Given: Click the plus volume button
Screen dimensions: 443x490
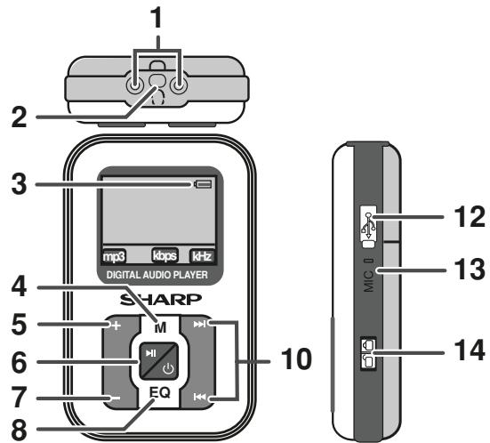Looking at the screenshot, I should click(116, 325).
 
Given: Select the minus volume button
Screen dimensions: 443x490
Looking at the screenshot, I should click(116, 397).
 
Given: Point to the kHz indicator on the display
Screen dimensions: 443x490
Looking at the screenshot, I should click(204, 254).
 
